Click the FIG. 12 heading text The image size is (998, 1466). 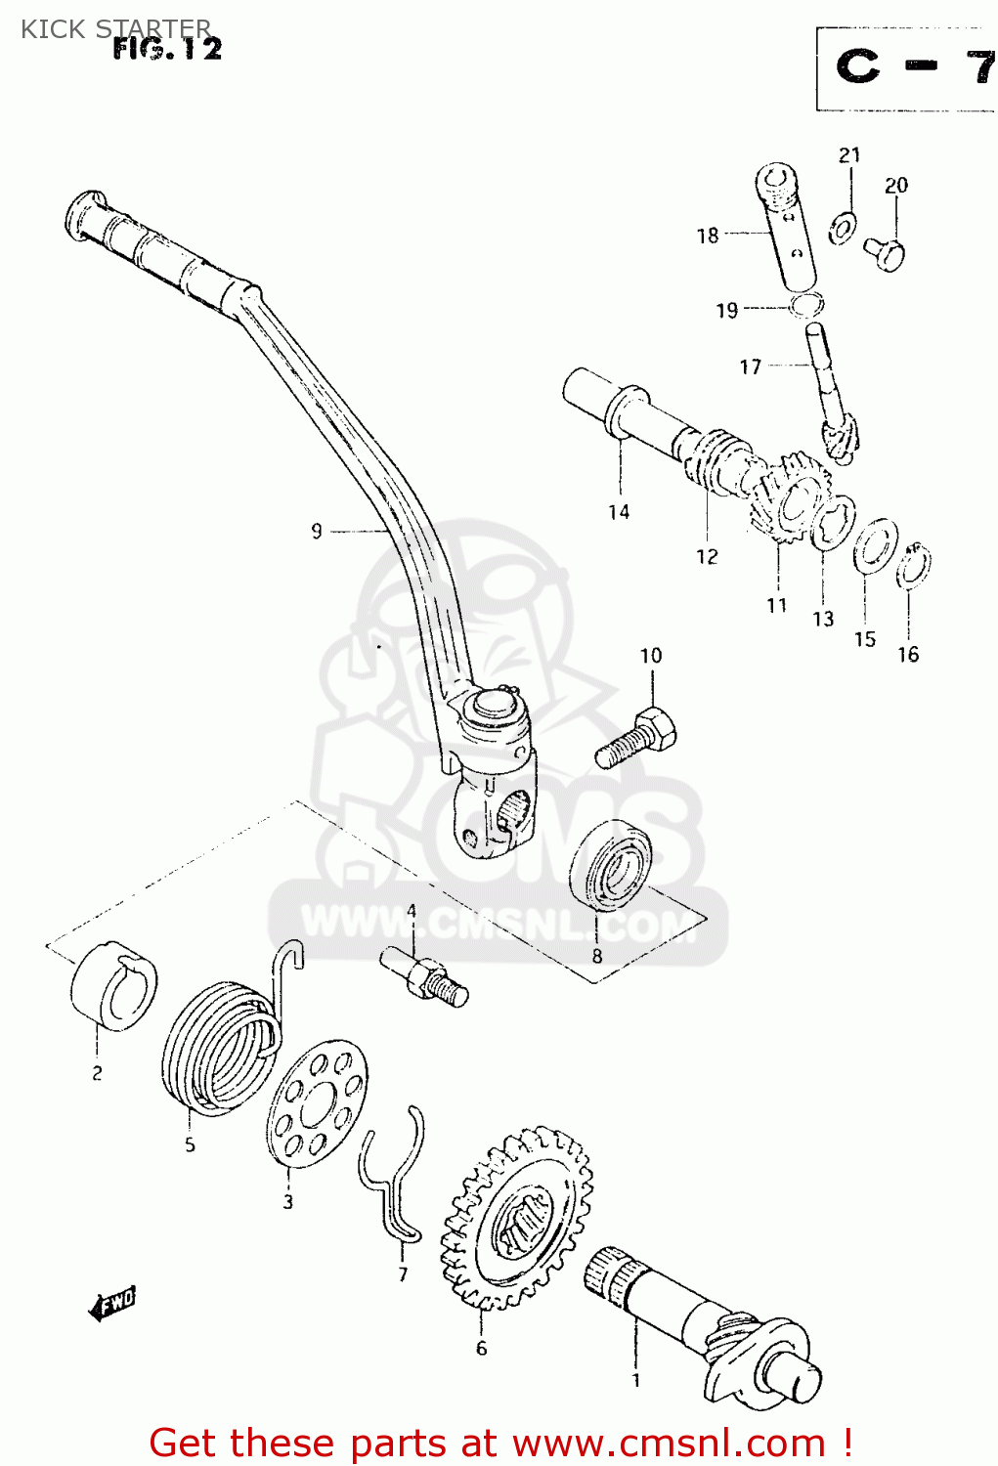point(167,48)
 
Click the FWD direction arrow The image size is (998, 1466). point(111,1303)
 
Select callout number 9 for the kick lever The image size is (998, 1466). point(316,531)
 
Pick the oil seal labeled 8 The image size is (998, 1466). point(611,865)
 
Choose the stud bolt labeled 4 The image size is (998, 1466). point(425,977)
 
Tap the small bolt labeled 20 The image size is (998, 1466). point(885,252)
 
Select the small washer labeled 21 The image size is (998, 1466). point(843,227)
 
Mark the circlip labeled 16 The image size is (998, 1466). point(914,567)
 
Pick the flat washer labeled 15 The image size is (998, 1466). point(875,547)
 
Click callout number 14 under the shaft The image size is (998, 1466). point(619,511)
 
